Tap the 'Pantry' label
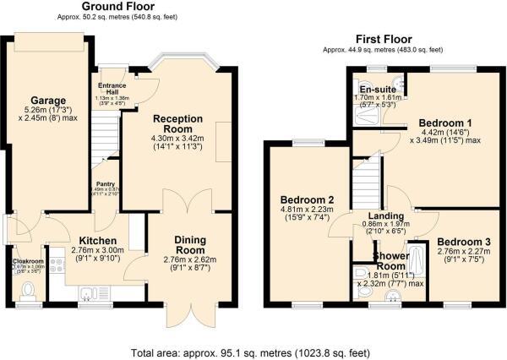(105, 183)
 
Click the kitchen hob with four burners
(57, 266)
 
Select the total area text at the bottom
(253, 352)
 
